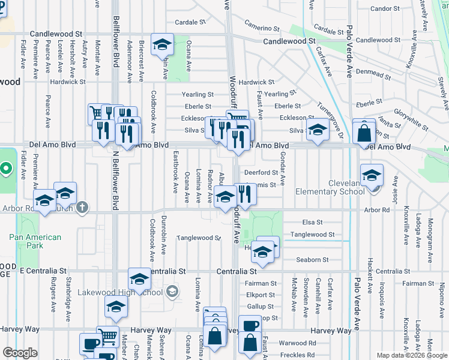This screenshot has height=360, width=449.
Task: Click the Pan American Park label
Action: (x=35, y=241)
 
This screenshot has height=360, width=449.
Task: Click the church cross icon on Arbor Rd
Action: (x=82, y=208)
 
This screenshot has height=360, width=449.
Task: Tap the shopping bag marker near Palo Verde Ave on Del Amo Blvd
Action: (x=364, y=133)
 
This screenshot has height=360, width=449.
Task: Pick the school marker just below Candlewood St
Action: (x=161, y=46)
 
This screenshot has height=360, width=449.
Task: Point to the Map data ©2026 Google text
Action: (x=412, y=355)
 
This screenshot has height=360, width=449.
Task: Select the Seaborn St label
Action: (x=313, y=260)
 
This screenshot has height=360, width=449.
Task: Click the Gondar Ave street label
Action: (x=282, y=172)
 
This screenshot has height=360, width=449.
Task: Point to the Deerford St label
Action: (x=261, y=173)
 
